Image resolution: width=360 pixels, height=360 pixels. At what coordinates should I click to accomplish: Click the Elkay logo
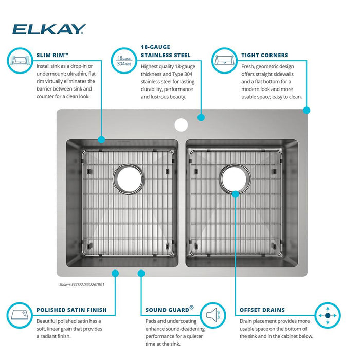coord(49,29)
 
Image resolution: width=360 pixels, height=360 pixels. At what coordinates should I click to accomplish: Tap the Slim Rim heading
coord(52,55)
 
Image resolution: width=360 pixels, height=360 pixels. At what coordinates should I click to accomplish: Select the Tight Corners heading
coord(264,55)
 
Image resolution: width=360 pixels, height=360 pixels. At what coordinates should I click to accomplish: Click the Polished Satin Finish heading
coord(71,310)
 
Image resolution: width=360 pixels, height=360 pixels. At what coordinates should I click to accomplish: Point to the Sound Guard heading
coord(169,309)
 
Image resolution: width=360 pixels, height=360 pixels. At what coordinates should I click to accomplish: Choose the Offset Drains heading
coord(262,310)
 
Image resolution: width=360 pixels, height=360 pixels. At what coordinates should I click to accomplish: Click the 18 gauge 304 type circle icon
coord(124,61)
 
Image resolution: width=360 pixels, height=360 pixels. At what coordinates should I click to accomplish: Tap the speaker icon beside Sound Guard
coord(213,315)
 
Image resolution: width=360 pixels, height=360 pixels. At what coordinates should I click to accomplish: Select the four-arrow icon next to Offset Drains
coord(328,315)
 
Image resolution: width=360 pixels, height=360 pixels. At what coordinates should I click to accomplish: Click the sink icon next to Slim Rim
coord(20,61)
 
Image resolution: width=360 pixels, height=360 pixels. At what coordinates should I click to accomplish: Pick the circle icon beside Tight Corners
coord(224,61)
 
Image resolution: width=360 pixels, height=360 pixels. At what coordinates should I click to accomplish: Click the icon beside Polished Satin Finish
coord(20,315)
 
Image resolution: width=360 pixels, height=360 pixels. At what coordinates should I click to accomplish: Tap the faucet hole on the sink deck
coord(181,125)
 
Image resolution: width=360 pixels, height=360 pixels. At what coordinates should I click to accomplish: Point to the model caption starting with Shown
coord(82,285)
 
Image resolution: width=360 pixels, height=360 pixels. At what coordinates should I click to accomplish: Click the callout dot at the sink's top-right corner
coord(307,110)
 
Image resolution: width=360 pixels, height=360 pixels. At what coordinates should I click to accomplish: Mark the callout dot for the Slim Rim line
coord(101,139)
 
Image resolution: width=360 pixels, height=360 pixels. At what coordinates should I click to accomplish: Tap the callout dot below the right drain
coord(236,194)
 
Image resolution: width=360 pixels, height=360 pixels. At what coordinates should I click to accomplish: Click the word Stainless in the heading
coord(157,55)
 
